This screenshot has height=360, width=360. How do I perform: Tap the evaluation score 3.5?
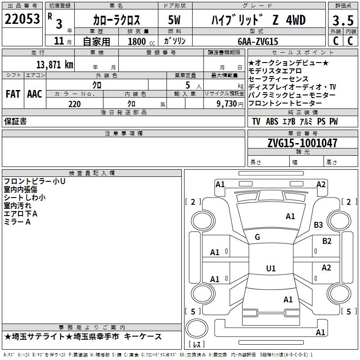pos(342,21)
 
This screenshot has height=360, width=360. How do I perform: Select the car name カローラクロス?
pos(117,20)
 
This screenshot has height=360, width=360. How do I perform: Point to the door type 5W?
pos(175,20)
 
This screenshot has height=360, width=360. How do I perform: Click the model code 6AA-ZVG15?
pos(258,41)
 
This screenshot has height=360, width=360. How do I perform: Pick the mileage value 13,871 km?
pos(54,64)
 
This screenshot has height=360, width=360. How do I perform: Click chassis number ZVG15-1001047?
pos(302,143)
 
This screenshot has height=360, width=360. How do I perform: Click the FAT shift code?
pos(13,94)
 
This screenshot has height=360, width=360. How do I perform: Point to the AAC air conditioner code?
pos(34,94)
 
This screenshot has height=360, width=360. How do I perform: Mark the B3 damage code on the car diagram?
pos(319,225)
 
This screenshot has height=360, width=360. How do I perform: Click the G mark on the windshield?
pos(257,237)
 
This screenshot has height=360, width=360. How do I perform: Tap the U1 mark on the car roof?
pos(271,269)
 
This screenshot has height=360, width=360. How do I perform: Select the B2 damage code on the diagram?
pos(327,241)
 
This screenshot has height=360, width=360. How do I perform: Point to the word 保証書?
pos(15,121)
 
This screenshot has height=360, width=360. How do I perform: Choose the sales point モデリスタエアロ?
pos(275,71)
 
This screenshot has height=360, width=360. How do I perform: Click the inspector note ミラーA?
pos(17,222)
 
